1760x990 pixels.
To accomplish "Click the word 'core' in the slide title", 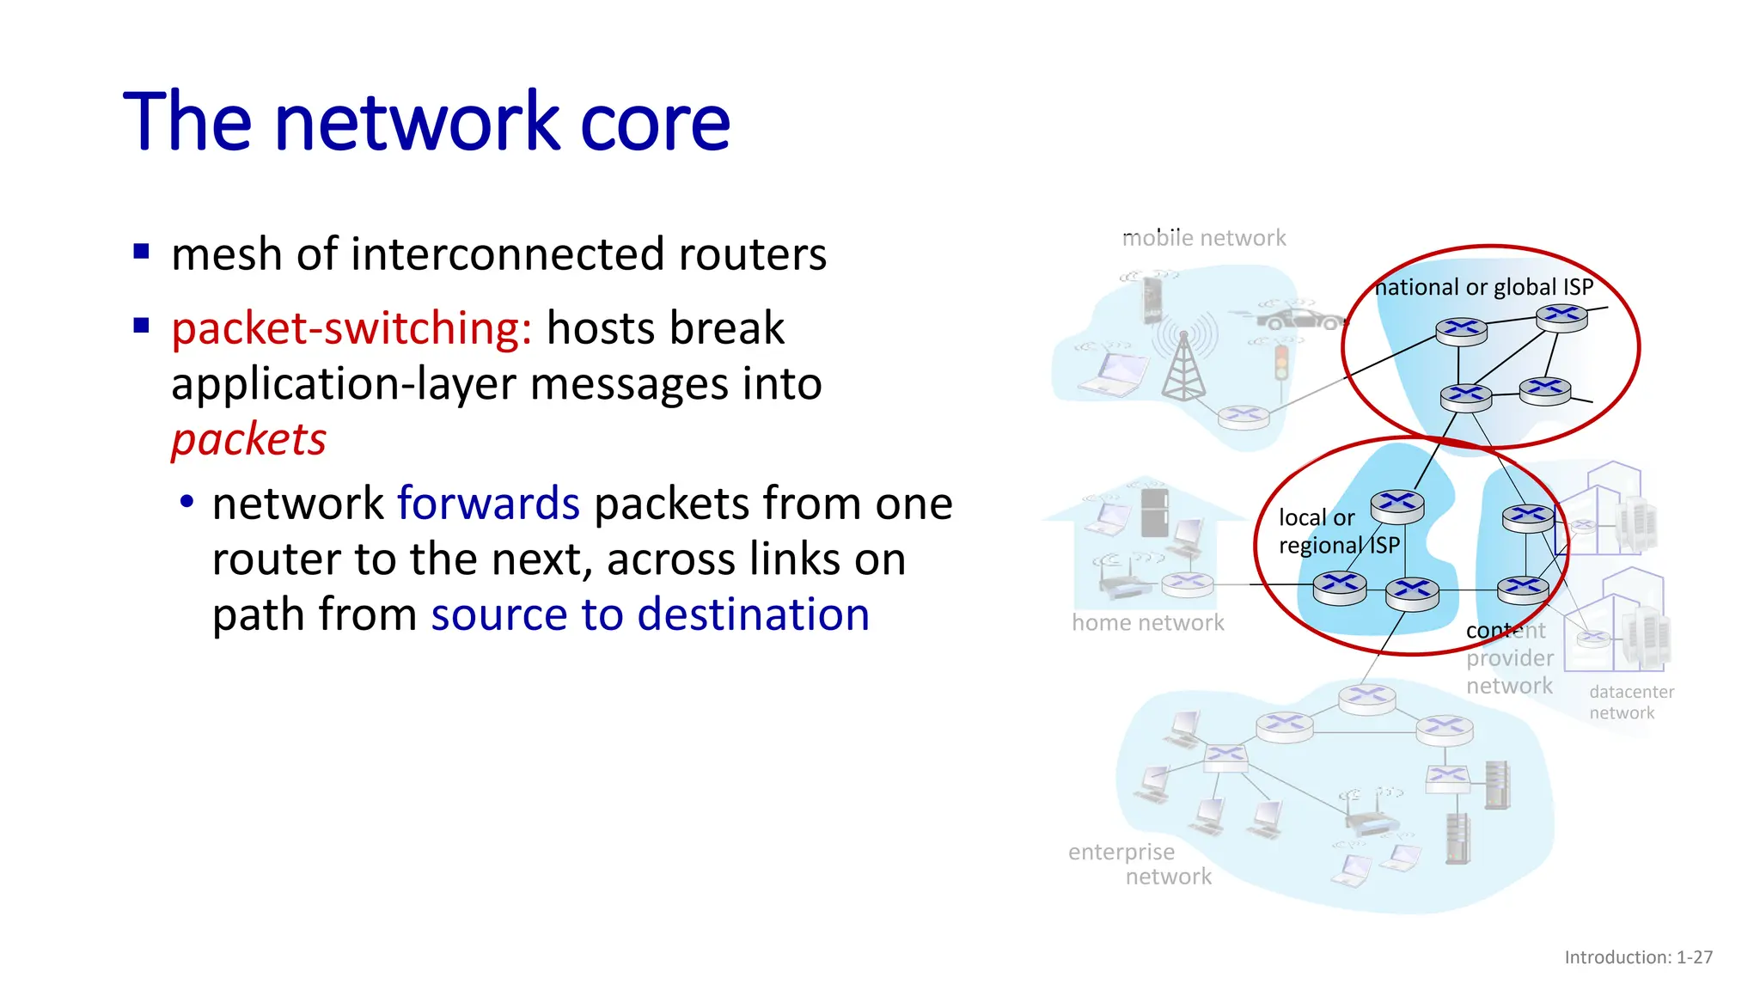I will [655, 122].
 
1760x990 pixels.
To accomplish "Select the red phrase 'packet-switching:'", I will [351, 329].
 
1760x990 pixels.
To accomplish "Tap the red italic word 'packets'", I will [248, 440].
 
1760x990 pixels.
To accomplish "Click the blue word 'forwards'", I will [488, 504].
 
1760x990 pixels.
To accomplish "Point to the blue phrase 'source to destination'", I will [650, 615].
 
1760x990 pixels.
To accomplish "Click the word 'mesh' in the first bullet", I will [227, 255].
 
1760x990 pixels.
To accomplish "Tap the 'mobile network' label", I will [1203, 238].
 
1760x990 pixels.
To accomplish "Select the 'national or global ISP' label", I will [1483, 287].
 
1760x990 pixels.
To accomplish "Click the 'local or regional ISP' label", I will [1337, 531].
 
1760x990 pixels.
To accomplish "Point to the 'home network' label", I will [1147, 622].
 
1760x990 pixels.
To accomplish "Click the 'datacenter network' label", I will [1630, 702].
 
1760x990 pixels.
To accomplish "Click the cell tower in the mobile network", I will [1183, 365].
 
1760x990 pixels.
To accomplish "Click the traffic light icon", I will [1281, 363].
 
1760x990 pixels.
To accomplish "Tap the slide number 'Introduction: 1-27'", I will [1638, 957].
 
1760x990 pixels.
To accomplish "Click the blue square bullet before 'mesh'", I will [142, 253].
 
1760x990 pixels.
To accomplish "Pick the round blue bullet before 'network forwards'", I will [186, 501].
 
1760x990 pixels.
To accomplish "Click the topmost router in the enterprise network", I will [1366, 695].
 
